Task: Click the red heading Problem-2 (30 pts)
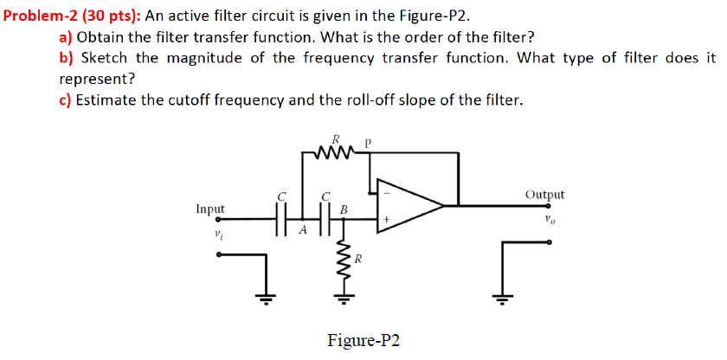[71, 15]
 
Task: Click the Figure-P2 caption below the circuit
[363, 339]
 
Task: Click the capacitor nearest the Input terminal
[280, 220]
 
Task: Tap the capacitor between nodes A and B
[325, 220]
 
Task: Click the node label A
[302, 232]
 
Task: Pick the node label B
[344, 209]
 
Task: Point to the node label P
[368, 143]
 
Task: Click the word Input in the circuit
[210, 209]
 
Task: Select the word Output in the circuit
[544, 195]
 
